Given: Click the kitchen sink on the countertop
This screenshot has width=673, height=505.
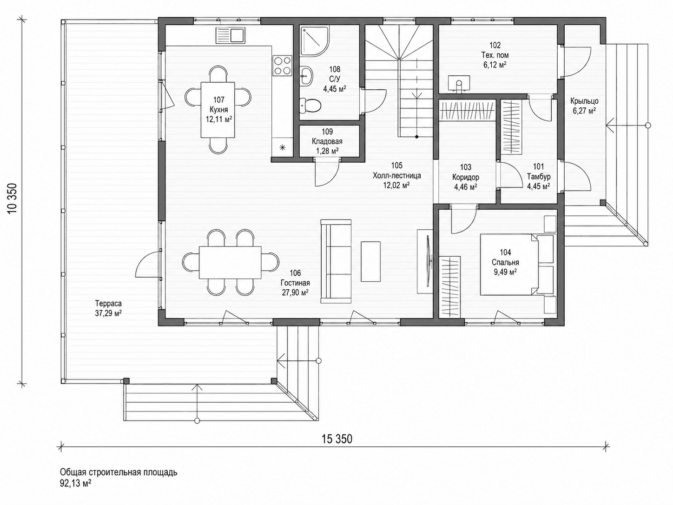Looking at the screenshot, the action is (x=231, y=35).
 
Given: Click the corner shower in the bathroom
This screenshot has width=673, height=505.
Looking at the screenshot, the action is (x=315, y=41).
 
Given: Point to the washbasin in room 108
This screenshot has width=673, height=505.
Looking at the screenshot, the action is (x=306, y=75).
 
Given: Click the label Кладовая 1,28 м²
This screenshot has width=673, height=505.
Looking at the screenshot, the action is (x=327, y=141).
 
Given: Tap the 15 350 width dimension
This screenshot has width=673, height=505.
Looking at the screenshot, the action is (x=337, y=439).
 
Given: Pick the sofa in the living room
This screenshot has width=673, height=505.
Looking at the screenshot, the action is (x=336, y=261).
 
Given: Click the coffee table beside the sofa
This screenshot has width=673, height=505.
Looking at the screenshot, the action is (x=371, y=261).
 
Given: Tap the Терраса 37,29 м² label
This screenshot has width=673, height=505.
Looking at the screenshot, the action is (x=108, y=308).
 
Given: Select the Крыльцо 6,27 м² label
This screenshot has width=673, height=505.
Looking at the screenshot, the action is (x=584, y=106).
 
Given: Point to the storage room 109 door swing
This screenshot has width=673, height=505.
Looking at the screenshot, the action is (x=327, y=173).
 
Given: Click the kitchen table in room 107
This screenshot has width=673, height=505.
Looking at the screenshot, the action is (x=218, y=109).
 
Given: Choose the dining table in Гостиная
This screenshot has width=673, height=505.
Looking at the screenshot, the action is (x=230, y=262).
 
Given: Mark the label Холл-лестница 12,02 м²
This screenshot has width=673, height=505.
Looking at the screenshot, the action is (x=397, y=175).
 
